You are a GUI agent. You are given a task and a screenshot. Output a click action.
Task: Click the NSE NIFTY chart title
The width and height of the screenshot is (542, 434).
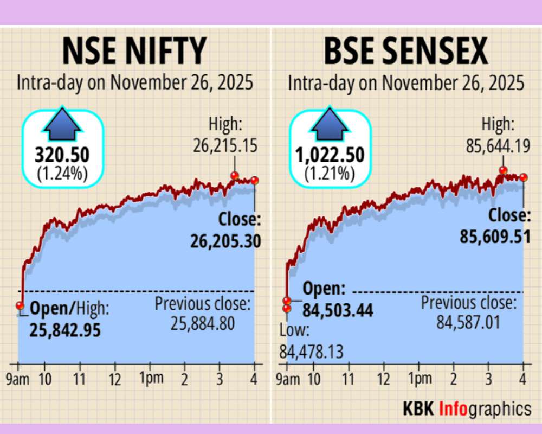[134, 52]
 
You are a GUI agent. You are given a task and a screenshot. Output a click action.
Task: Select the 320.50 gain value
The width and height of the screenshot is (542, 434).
[62, 156]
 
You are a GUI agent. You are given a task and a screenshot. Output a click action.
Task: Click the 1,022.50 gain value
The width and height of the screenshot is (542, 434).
[330, 156]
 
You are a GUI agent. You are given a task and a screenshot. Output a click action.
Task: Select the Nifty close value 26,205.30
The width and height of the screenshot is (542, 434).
[225, 240]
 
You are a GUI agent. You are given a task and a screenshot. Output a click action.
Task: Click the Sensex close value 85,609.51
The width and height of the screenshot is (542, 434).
[495, 237]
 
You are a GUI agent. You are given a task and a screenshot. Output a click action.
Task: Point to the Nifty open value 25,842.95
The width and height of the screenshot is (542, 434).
[65, 330]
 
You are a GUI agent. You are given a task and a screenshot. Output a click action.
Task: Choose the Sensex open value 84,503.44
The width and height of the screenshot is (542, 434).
[338, 311]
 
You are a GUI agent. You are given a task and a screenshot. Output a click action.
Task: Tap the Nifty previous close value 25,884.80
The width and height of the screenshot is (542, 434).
[203, 324]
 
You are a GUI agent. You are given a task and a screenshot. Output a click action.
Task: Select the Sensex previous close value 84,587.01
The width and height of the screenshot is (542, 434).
[468, 324]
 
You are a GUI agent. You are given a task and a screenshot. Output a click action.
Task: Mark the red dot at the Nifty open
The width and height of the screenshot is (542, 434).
[20, 305]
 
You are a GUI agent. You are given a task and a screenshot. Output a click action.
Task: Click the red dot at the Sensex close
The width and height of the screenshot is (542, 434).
[524, 177]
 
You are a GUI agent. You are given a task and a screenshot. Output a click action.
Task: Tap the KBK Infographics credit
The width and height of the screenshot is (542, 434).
[467, 408]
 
